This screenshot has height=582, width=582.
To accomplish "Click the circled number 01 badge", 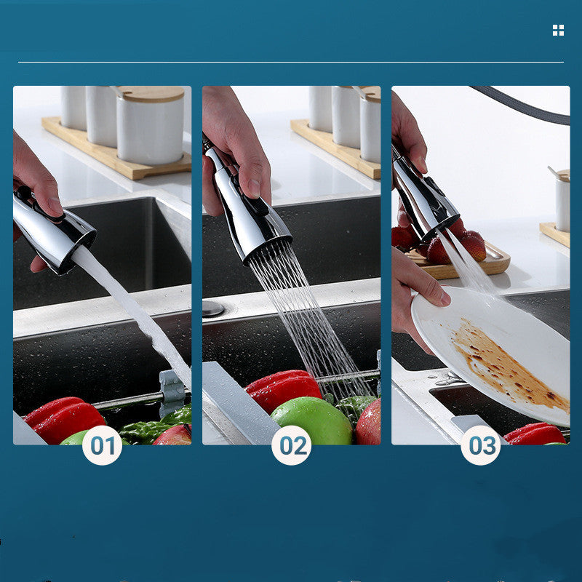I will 102,445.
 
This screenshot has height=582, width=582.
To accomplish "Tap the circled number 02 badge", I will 291,445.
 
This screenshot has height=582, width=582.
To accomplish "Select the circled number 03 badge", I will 480,445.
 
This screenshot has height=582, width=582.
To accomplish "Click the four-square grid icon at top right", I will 558,30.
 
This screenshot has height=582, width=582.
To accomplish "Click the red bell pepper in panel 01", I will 65,418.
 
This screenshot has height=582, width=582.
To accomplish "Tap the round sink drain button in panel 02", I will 213,308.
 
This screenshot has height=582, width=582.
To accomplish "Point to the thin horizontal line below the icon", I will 291,62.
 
